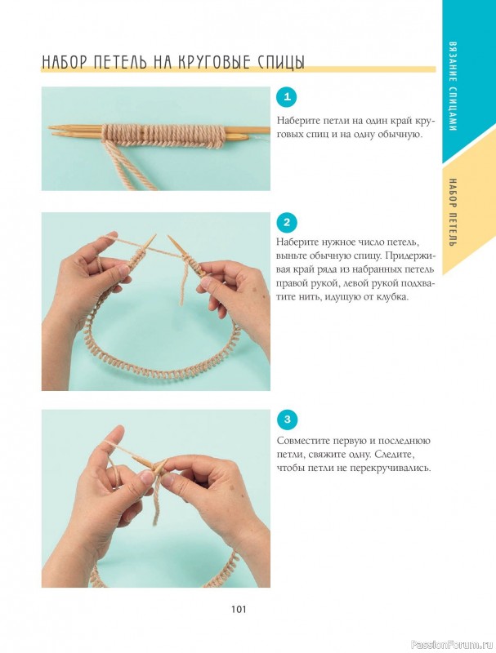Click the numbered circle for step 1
pos(287,97)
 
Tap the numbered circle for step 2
pos(287,222)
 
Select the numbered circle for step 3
pos(287,419)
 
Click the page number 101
pos(239,610)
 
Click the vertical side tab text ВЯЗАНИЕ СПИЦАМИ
pos(454,87)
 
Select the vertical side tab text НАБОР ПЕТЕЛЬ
pos(454,212)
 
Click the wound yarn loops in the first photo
pos(163,135)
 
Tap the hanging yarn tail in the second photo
pos(184,287)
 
